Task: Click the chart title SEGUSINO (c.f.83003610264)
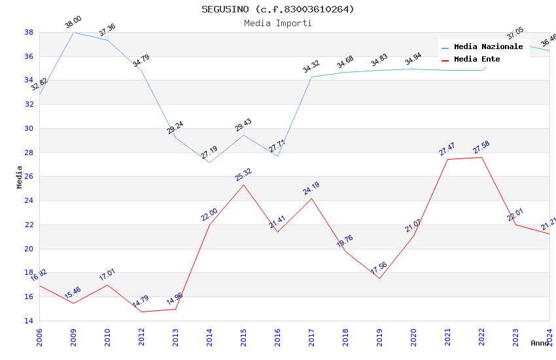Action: coord(277,9)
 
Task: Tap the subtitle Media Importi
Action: coord(277,23)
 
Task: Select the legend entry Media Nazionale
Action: coord(488,47)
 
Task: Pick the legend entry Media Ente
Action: coord(477,60)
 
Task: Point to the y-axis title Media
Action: coord(19,177)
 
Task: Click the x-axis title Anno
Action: coord(540,343)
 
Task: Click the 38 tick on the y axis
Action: coord(29,32)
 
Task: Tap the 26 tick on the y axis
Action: coord(29,177)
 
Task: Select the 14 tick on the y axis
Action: coord(29,321)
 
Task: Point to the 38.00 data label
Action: coord(73,23)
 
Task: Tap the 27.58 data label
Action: coord(481,148)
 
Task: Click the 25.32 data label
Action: coord(243,175)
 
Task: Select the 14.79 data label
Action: coord(141,302)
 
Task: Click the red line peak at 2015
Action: coord(243,185)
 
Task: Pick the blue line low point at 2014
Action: coord(209,162)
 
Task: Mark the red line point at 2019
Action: coord(379,278)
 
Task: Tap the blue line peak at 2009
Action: coord(73,32)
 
